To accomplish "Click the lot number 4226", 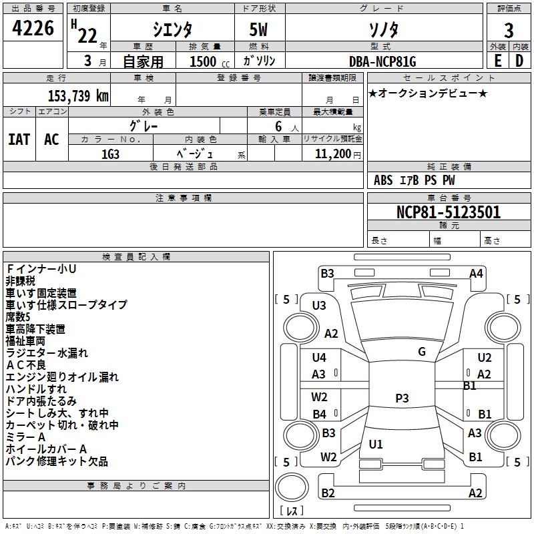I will tap(33, 30).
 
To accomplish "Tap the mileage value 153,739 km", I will tap(78, 95).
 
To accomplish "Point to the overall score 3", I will tap(509, 30).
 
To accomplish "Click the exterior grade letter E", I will tap(497, 60).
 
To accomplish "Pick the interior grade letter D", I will tap(519, 60).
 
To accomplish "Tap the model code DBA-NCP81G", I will tap(382, 61).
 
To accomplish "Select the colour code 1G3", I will tap(111, 153).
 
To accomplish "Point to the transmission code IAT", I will tap(19, 139).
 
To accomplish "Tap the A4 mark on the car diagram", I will tap(476, 273).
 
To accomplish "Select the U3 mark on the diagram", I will tap(319, 305).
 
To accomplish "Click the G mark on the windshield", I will tap(422, 351).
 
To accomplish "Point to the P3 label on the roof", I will tap(402, 398).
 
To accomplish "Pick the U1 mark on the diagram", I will tap(376, 444).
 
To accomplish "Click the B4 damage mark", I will tap(320, 414).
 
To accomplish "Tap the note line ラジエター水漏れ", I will tap(47, 353).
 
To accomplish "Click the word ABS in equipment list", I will tap(383, 180).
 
